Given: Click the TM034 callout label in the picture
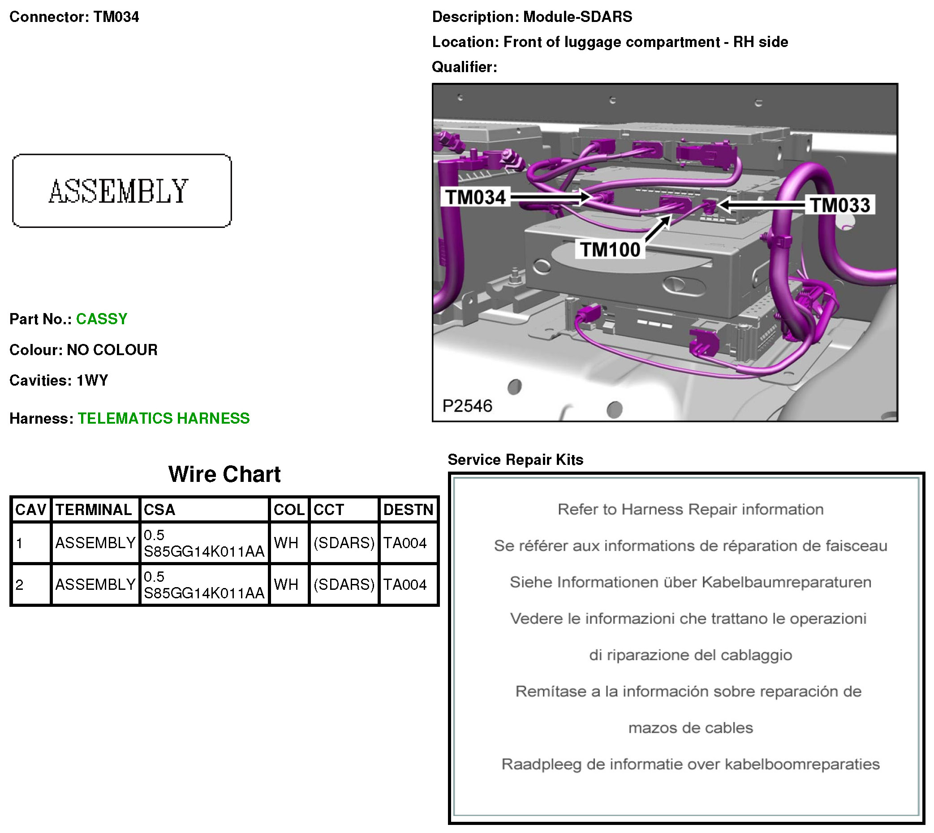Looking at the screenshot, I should pyautogui.click(x=475, y=197).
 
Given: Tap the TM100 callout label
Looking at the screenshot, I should pyautogui.click(x=610, y=250).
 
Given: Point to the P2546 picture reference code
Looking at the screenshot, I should pyautogui.click(x=467, y=406).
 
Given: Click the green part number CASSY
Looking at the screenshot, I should pyautogui.click(x=102, y=319).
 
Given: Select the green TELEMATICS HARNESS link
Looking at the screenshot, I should pyautogui.click(x=164, y=418).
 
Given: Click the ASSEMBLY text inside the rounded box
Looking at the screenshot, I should pyautogui.click(x=119, y=191).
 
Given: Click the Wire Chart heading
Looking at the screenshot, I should pyautogui.click(x=224, y=474).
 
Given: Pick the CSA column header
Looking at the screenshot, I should pyautogui.click(x=159, y=510).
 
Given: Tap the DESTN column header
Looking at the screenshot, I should pyautogui.click(x=408, y=510).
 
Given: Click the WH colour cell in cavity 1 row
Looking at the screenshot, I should pyautogui.click(x=286, y=543).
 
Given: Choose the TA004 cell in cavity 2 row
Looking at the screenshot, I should pyautogui.click(x=405, y=585).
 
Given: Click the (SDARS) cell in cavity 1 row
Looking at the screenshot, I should pyautogui.click(x=344, y=543).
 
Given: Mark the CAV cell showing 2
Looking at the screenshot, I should pyautogui.click(x=19, y=585).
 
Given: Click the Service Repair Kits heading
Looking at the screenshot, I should pyautogui.click(x=515, y=459).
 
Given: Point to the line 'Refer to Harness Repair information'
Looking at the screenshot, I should pyautogui.click(x=690, y=509).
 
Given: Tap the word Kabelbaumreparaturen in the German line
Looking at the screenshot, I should pyautogui.click(x=786, y=582).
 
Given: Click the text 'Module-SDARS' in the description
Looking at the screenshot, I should pyautogui.click(x=577, y=17).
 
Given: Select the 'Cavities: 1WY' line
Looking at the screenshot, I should pyautogui.click(x=59, y=380).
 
